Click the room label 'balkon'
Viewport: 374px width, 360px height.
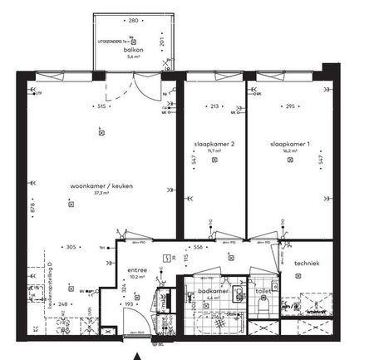click(135, 50)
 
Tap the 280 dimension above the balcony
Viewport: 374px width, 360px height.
click(133, 20)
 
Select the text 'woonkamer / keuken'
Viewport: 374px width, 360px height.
click(101, 186)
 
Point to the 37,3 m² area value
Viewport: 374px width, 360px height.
click(101, 193)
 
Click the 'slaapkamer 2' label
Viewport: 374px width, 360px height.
click(214, 145)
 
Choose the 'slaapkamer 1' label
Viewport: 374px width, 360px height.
click(289, 145)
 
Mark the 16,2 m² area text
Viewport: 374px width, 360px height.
click(289, 152)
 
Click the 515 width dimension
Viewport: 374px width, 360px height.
click(101, 106)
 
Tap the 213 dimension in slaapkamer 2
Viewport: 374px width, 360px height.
click(214, 106)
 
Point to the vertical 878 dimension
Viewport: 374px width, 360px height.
click(33, 207)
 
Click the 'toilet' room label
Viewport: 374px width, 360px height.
click(264, 292)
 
